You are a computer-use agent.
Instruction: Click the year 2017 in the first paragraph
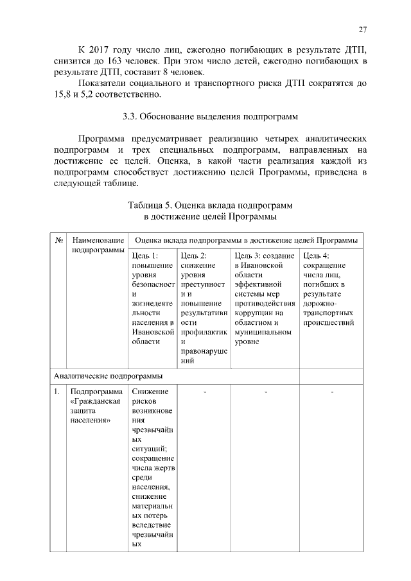click(x=104, y=50)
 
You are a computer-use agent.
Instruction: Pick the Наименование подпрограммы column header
click(x=98, y=245)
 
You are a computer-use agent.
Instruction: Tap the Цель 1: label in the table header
click(x=144, y=256)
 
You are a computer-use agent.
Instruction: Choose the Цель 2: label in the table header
click(x=194, y=256)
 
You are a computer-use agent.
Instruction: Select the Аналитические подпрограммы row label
click(x=108, y=375)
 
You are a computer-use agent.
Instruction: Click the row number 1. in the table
click(x=58, y=392)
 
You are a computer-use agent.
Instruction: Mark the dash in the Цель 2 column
click(x=204, y=392)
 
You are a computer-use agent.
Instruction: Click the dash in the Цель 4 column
click(x=332, y=392)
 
